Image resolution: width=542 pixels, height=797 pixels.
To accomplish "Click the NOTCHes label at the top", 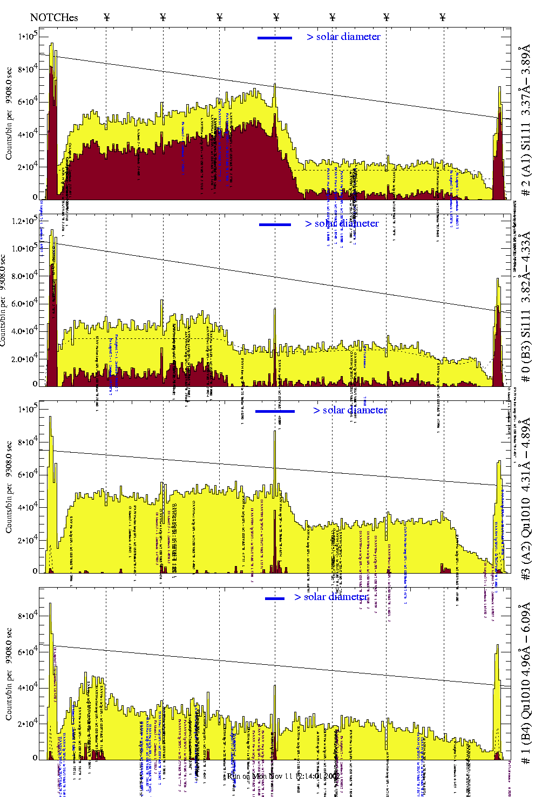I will tap(54, 17).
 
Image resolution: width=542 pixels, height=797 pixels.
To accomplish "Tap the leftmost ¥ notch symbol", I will tap(106, 17).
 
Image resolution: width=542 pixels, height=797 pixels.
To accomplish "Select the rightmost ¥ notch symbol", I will tap(443, 17).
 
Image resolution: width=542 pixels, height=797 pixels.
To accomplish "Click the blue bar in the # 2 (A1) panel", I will tap(275, 38).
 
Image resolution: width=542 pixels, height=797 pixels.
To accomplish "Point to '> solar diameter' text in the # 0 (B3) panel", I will tap(342, 223).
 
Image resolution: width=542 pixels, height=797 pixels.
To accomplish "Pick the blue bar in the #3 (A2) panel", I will tap(275, 411).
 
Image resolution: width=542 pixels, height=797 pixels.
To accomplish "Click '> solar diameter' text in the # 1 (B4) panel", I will tap(331, 597).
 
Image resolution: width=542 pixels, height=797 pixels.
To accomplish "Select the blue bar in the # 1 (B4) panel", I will tap(275, 598).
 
